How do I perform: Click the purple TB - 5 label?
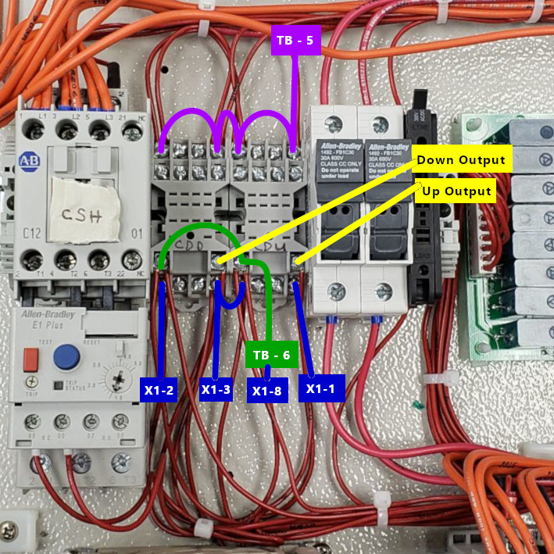(x=296, y=41)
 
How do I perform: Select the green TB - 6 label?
(x=271, y=355)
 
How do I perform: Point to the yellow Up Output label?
(x=456, y=191)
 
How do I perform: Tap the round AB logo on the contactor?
(x=29, y=161)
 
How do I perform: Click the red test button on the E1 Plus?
(x=30, y=359)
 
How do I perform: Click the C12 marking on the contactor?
(x=31, y=232)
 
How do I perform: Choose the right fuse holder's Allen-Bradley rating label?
(x=387, y=161)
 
